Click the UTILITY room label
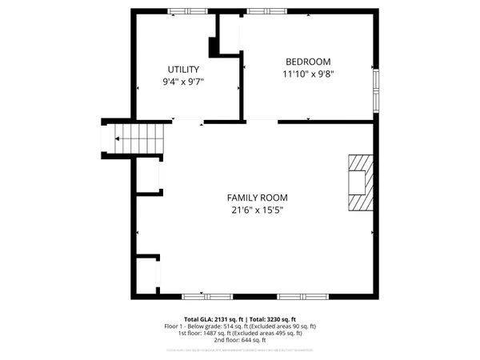(182, 70)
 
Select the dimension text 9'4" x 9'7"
(182, 82)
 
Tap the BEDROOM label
(308, 62)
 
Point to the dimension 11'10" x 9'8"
(308, 74)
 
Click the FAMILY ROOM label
(257, 198)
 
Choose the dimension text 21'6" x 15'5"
(257, 210)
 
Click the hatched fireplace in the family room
(358, 182)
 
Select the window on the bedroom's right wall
(375, 90)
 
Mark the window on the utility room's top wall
(188, 11)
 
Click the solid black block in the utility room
(214, 47)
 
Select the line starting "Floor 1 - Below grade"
(241, 326)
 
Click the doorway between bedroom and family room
(262, 122)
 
